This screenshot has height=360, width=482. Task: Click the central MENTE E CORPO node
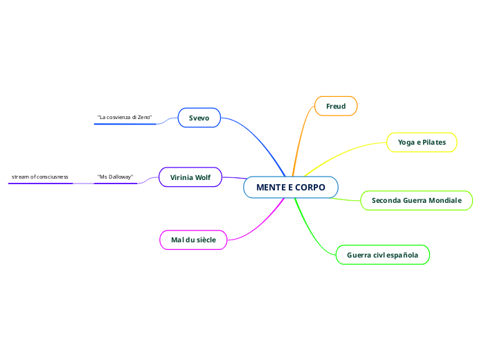(x=290, y=188)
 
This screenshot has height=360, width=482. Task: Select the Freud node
(x=336, y=106)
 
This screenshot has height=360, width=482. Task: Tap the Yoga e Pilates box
(x=422, y=142)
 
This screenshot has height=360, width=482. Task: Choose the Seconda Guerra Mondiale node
(x=416, y=200)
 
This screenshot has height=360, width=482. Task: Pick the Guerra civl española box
(x=382, y=255)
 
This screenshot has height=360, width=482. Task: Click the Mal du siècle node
(x=193, y=240)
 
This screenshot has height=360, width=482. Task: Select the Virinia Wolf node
(x=190, y=177)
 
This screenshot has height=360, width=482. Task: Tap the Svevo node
(x=199, y=118)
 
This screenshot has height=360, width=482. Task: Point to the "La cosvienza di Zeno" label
(x=125, y=118)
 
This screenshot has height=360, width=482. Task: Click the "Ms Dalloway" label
(x=116, y=177)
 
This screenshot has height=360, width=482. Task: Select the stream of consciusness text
(x=40, y=177)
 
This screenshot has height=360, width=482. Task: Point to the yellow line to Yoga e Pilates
(x=346, y=152)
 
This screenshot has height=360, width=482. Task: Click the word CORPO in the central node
(x=310, y=188)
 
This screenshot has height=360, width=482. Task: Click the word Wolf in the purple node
(x=202, y=177)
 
